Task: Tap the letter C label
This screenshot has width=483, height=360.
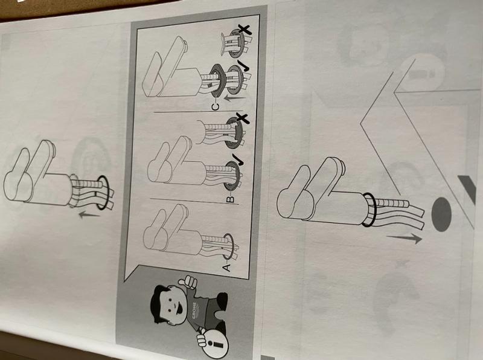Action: [x=216, y=107]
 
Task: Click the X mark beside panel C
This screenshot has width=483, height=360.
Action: [x=245, y=29]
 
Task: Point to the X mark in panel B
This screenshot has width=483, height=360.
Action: [x=243, y=118]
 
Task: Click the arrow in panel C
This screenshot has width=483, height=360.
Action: [x=235, y=98]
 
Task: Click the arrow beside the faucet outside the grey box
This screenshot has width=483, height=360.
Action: [x=89, y=214]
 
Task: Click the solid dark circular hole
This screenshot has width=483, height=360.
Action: [x=441, y=215]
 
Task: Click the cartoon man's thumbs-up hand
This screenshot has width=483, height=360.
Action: [x=188, y=282]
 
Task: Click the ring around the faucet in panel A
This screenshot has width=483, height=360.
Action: [x=228, y=246]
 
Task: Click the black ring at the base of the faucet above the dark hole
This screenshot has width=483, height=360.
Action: [x=369, y=210]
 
